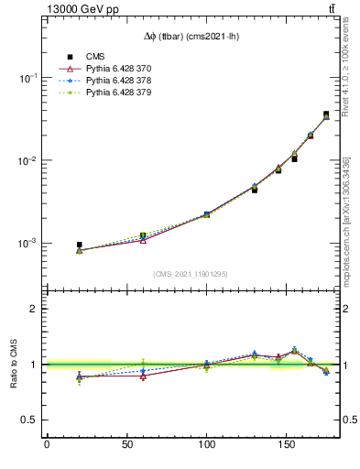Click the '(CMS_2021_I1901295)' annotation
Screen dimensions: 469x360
[x=191, y=274]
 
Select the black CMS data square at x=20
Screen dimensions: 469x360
[x=79, y=245]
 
